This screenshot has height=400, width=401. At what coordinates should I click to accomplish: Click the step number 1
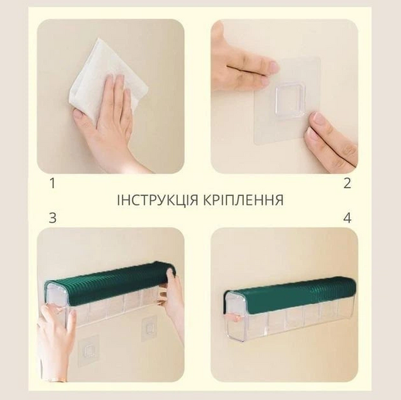[x=53, y=183]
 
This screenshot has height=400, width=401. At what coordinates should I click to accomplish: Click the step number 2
[x=347, y=183]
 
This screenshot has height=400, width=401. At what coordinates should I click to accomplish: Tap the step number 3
[x=53, y=218]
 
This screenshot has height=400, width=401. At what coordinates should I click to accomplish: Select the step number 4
[x=347, y=218]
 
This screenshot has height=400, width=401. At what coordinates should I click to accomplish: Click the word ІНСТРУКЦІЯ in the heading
[x=157, y=200]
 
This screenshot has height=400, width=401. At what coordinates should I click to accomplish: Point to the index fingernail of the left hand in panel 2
[x=274, y=67]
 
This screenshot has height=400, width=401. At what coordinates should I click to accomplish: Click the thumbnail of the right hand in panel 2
[x=318, y=118]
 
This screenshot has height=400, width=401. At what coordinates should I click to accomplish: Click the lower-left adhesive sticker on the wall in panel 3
[x=88, y=350]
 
